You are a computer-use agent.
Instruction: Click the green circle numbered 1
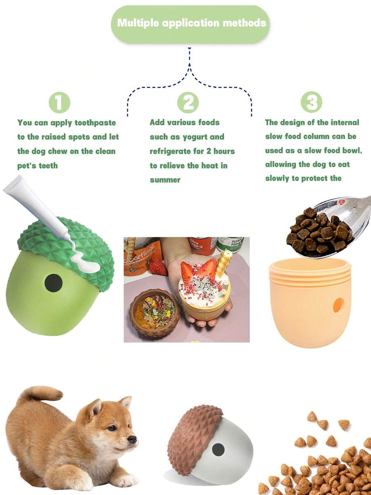point(59,103)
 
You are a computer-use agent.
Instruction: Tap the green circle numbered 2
point(188,103)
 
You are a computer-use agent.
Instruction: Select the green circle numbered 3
point(311,102)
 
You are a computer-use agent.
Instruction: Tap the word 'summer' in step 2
point(165,180)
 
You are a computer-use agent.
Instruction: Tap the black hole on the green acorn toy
point(53,283)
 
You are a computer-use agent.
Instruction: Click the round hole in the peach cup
point(338,305)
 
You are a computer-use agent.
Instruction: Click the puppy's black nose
point(133,439)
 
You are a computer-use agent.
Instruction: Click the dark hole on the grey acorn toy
point(218,450)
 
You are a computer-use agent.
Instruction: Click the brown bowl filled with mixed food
point(154,313)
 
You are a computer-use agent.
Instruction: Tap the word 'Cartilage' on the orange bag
point(143,256)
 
